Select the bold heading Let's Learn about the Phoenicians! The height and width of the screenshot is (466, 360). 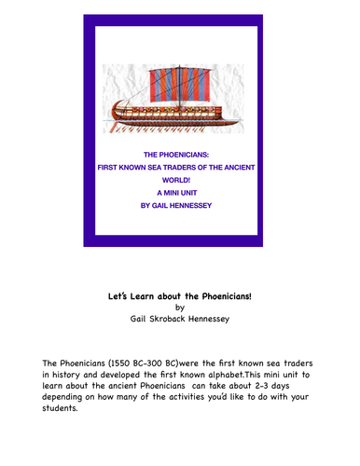180,295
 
